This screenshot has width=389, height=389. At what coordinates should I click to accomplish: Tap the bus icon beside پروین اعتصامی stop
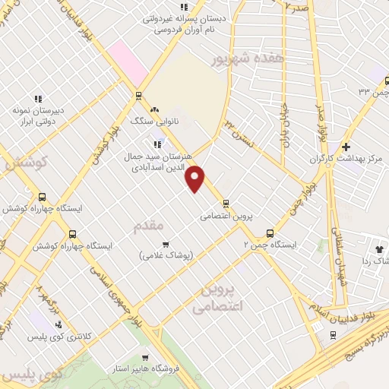pyautogui.click(x=226, y=203)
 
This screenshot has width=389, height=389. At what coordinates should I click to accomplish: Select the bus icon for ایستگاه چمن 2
pyautogui.click(x=269, y=233)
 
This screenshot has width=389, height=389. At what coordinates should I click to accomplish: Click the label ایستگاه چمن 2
pyautogui.click(x=269, y=245)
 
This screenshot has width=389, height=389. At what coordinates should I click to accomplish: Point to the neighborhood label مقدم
pyautogui.click(x=148, y=226)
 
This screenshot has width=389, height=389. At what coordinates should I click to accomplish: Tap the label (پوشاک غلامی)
pyautogui.click(x=166, y=255)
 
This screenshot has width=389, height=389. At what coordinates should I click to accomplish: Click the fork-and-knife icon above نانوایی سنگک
pyautogui.click(x=154, y=109)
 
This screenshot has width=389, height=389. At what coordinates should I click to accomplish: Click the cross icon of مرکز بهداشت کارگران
pyautogui.click(x=346, y=147)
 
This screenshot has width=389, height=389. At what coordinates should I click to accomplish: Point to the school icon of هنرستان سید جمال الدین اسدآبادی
pyautogui.click(x=158, y=143)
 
